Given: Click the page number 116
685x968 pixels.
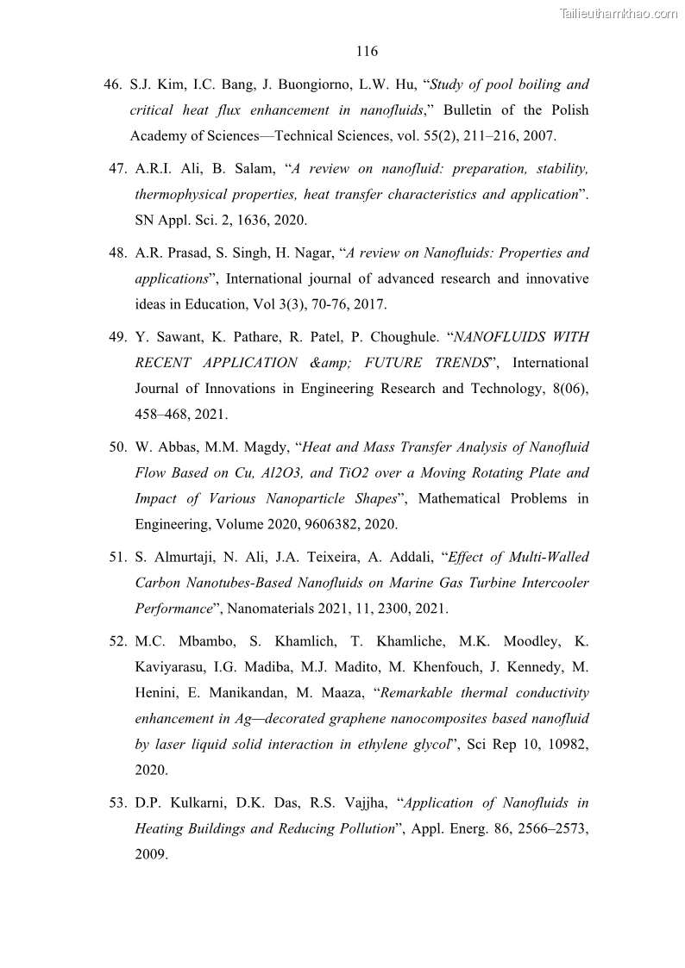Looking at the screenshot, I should [x=367, y=52].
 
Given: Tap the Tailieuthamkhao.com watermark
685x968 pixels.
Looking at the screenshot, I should [x=619, y=13].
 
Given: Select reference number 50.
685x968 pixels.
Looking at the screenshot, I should [x=118, y=447].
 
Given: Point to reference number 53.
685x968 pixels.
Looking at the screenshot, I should [x=118, y=803].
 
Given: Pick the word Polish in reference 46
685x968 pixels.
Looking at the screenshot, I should [x=569, y=110].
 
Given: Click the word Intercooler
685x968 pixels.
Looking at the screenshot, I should [x=555, y=584].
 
